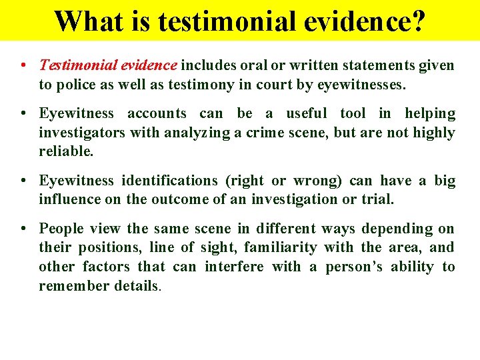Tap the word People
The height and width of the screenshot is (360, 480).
click(x=61, y=229)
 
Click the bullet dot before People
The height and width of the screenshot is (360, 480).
click(x=23, y=229)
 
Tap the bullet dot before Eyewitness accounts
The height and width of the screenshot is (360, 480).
click(x=23, y=113)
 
